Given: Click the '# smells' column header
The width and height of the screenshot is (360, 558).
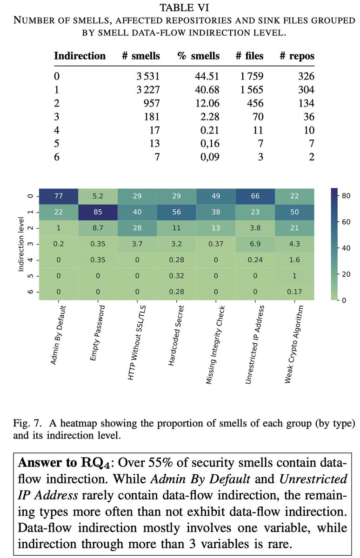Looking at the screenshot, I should tap(140, 56).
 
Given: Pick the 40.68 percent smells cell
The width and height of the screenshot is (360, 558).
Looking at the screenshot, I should tap(206, 90).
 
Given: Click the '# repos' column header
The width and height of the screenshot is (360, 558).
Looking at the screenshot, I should tap(297, 56).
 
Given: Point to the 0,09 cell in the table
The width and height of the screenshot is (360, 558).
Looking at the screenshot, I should tap(207, 157).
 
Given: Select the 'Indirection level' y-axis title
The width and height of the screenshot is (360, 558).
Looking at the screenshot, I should tap(21, 244).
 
